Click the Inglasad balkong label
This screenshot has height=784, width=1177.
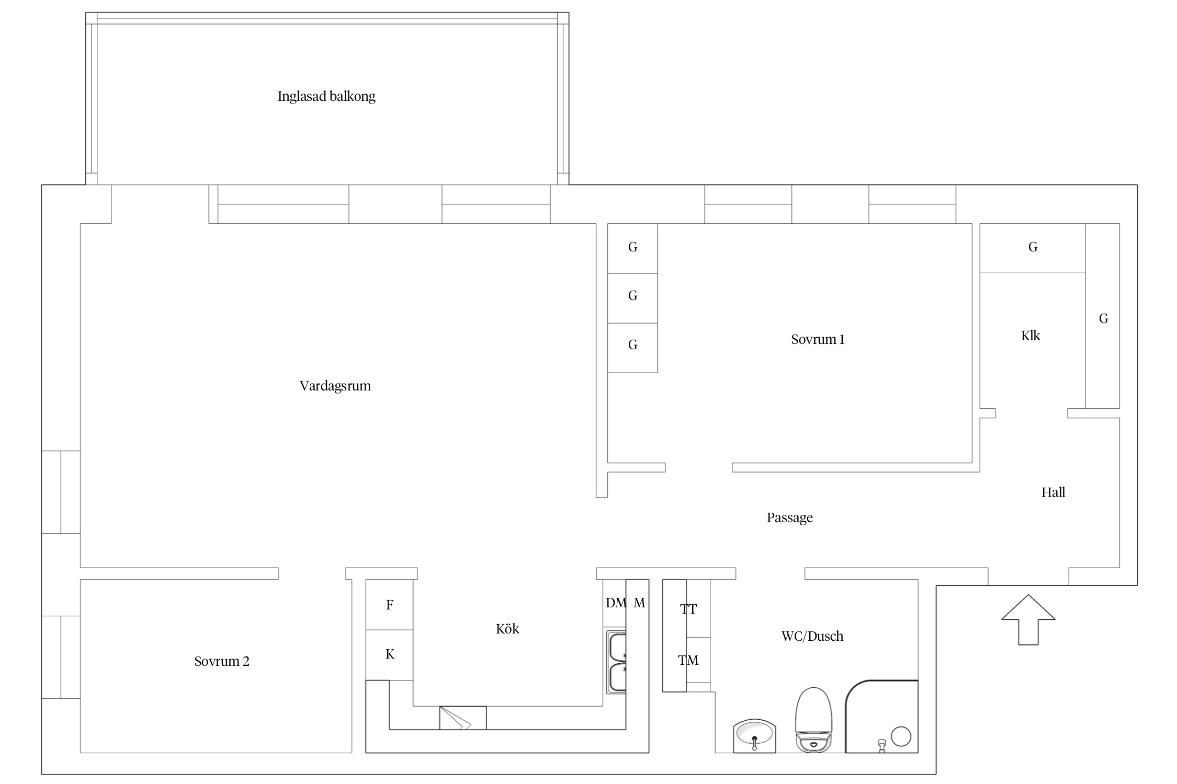[326, 96]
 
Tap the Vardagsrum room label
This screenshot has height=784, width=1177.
[335, 386]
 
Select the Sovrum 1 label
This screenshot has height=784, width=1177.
[818, 340]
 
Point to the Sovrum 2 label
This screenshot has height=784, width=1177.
[222, 661]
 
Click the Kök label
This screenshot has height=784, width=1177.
[507, 629]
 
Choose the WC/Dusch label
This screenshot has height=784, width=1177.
[812, 636]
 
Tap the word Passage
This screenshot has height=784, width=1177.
[790, 518]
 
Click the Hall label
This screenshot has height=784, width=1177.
[1053, 492]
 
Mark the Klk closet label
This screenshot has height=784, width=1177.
[1031, 336]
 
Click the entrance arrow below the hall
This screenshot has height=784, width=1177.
[1028, 620]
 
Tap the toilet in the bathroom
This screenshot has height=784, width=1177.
[813, 720]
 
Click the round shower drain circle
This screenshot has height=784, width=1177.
[901, 736]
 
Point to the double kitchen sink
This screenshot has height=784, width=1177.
[616, 663]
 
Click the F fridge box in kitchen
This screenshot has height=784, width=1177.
[389, 605]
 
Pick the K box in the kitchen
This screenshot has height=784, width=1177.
[389, 655]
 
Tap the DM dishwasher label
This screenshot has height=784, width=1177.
[616, 603]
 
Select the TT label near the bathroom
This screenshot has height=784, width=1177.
[688, 609]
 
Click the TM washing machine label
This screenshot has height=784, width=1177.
[688, 661]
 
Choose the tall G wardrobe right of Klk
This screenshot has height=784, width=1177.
[1102, 316]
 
